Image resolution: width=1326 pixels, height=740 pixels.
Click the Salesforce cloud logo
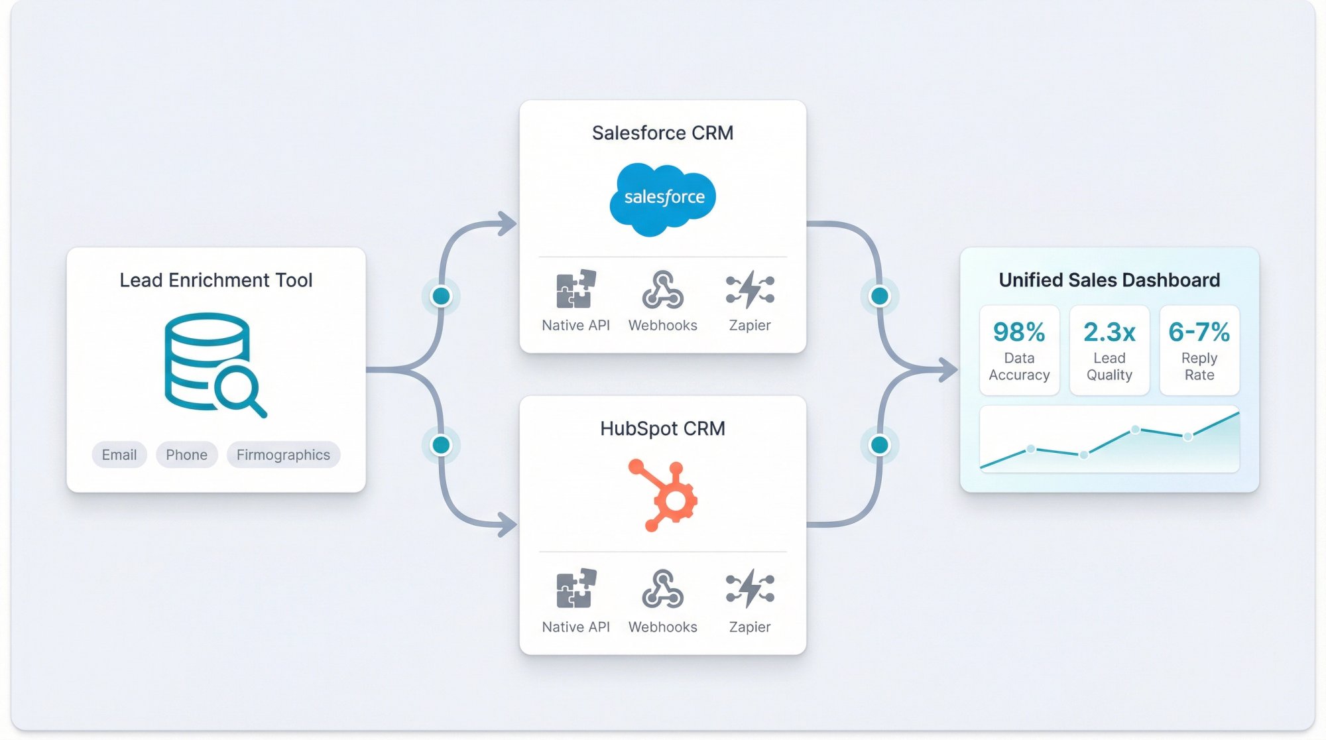point(663,198)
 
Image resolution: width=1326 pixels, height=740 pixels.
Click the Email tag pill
point(119,455)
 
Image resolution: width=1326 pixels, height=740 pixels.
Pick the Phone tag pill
point(186,455)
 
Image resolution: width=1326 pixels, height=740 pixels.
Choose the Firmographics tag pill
point(283,455)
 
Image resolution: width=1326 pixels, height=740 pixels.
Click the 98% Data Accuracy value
point(1019,332)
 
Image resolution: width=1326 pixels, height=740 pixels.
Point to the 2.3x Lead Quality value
point(1109,332)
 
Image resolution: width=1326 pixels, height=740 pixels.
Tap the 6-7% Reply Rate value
point(1199,332)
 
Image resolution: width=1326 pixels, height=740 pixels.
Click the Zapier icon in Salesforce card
point(750,290)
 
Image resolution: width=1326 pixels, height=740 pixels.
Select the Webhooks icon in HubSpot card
point(662,589)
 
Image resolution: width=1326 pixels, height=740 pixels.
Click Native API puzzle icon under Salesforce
point(575,290)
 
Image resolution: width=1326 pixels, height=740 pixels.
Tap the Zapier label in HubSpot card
point(750,627)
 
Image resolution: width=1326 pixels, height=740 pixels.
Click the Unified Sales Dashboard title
point(1109,280)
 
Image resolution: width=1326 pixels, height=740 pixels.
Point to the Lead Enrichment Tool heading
point(216,280)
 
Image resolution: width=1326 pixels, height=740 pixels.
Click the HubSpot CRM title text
point(662,429)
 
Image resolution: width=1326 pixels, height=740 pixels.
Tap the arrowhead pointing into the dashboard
point(949,369)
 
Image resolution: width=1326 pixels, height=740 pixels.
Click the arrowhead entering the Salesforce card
point(508,223)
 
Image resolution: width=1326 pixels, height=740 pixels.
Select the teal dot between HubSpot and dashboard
point(880,445)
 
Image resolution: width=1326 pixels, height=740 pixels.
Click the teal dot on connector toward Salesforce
point(441,296)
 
